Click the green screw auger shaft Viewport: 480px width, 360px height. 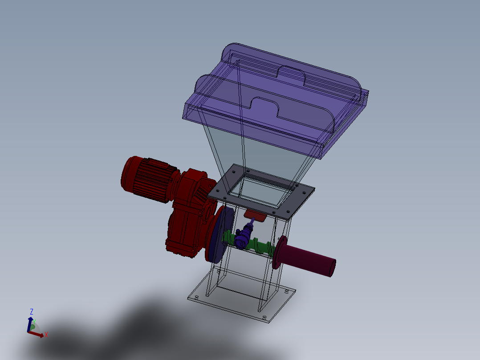(248, 244)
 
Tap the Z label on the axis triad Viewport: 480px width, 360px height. (31, 312)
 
